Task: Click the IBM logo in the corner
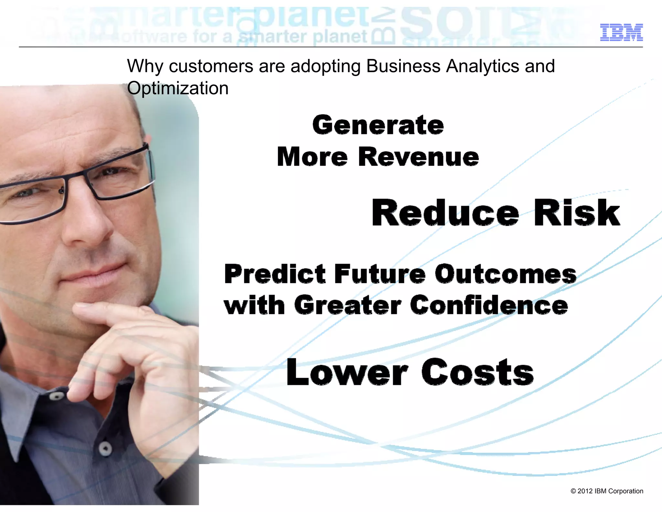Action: [621, 32]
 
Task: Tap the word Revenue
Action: [418, 157]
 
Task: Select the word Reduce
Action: [445, 213]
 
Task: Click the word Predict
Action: [275, 274]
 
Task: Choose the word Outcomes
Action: [505, 274]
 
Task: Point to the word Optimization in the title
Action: [177, 88]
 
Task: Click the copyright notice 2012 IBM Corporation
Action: [607, 491]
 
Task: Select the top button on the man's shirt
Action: [57, 396]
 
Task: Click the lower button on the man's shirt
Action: [105, 449]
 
